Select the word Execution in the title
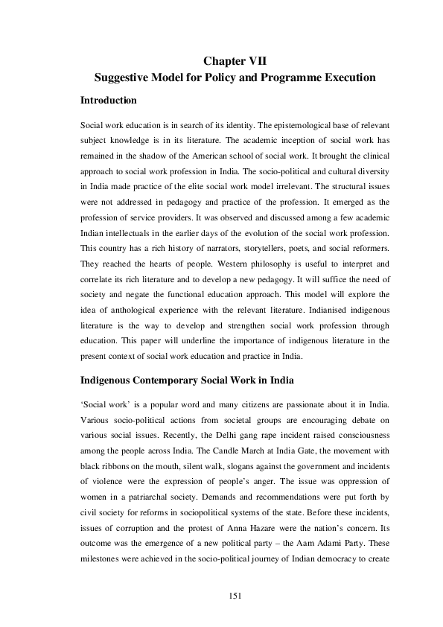[343, 77]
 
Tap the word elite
[191, 189]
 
